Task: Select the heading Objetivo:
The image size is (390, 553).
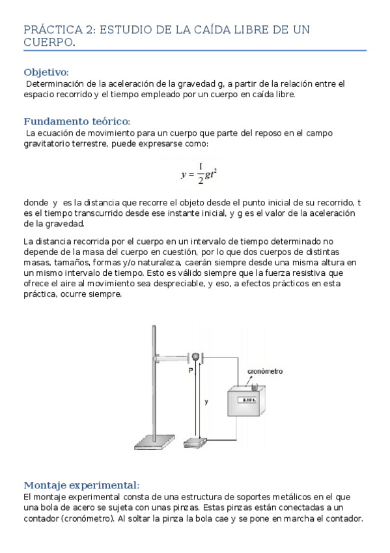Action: tap(46, 72)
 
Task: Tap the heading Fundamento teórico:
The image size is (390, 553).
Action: tap(77, 121)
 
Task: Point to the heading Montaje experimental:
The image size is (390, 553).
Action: tap(81, 485)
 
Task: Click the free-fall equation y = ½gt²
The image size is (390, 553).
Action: tap(199, 173)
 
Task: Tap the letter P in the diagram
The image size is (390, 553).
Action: tap(190, 370)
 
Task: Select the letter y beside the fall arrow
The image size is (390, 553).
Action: tap(206, 402)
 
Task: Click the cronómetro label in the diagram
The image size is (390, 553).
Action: tap(265, 371)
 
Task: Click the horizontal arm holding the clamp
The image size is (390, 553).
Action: tap(173, 357)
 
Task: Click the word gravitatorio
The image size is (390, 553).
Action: tap(50, 143)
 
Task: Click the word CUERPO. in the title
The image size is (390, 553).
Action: tap(49, 42)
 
